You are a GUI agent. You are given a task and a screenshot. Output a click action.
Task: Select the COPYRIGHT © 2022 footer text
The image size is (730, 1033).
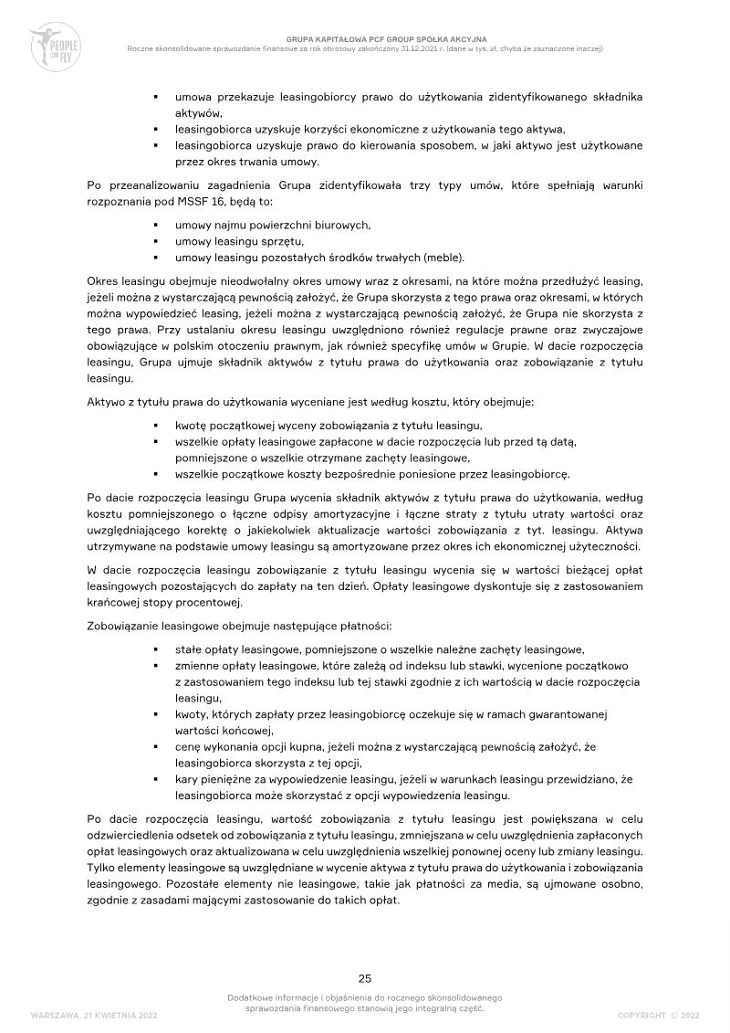tap(658, 1015)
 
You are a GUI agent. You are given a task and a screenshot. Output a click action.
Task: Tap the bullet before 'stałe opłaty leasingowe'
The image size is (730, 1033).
tap(156, 649)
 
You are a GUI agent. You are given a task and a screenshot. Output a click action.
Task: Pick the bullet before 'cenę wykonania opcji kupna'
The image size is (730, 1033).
tap(156, 746)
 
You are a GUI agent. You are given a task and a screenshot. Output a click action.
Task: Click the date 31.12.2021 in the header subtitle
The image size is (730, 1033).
tap(457, 48)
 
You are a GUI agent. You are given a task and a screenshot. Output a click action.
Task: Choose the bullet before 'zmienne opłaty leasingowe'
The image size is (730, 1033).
tap(156, 666)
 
